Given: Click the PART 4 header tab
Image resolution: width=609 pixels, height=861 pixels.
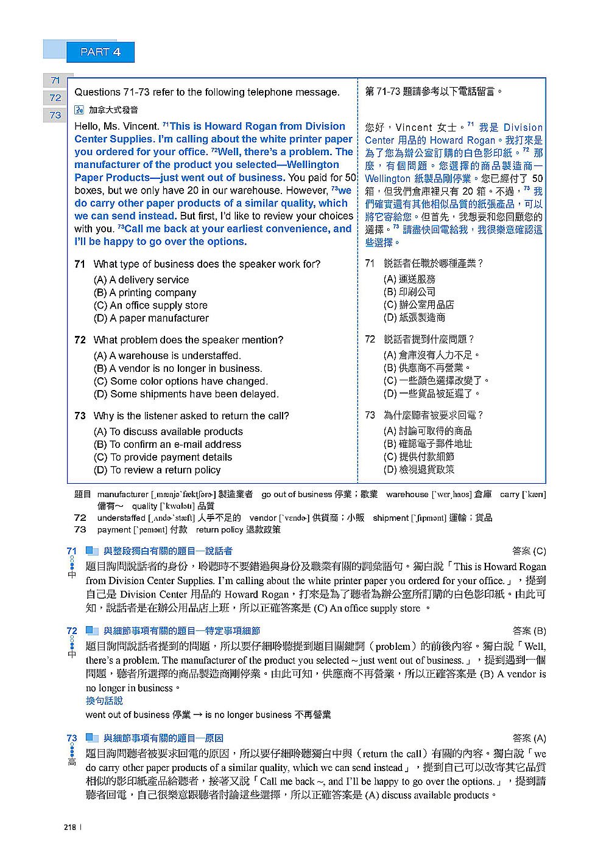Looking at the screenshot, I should [100, 52].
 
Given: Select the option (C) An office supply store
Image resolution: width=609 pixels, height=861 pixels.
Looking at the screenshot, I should [150, 305].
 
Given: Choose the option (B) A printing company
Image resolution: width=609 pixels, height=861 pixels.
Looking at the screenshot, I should [145, 293].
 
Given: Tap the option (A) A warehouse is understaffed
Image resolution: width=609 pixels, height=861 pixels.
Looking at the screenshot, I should [167, 356].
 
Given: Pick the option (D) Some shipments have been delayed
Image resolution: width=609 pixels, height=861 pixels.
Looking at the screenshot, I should [186, 394].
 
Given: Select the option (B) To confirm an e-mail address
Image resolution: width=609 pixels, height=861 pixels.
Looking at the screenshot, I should [167, 445].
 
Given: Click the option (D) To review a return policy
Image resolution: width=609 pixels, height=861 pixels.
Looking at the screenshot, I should [157, 470].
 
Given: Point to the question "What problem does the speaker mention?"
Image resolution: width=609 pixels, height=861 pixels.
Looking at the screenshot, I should [188, 340].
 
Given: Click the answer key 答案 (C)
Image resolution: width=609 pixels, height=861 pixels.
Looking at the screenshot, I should [529, 551].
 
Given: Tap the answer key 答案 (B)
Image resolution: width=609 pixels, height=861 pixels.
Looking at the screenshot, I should [529, 631].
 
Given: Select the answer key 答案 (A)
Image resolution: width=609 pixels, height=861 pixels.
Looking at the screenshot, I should [529, 738].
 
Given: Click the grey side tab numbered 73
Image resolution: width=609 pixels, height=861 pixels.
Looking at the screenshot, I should [55, 115].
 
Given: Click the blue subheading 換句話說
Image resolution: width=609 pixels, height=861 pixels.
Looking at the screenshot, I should [104, 701].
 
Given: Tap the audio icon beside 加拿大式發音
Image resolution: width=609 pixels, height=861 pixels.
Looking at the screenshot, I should [79, 110].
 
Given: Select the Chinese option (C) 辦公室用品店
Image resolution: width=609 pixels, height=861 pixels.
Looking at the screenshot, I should [419, 305].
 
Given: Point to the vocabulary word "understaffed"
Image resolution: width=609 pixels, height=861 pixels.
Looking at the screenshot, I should [121, 518].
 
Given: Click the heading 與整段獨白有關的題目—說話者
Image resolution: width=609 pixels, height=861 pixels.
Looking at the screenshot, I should [168, 551].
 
